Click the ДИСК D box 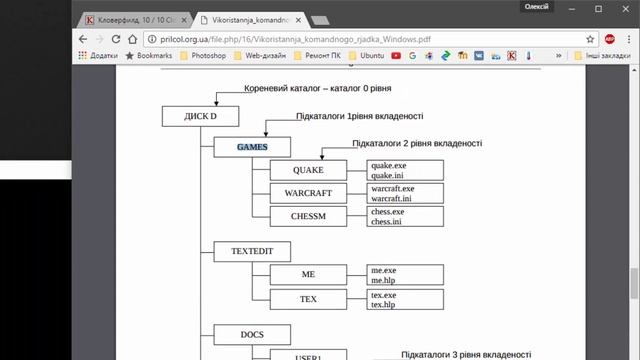tap(201, 116)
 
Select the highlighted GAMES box tap(251, 147)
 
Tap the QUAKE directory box tap(307, 170)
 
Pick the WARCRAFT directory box tap(307, 192)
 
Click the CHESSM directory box tap(307, 215)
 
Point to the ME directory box tap(307, 273)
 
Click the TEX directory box tap(307, 298)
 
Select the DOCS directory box tap(251, 334)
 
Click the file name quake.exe tap(388, 165)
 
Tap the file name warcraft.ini tap(392, 197)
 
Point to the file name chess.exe tap(388, 211)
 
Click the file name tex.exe tap(384, 294)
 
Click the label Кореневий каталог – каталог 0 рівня tap(316, 89)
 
